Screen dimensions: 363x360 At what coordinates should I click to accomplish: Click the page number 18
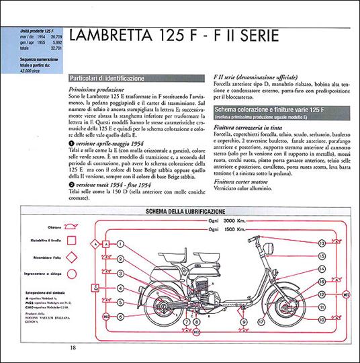click(x=72, y=347)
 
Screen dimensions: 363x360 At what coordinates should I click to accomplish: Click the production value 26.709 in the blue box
click(x=57, y=39)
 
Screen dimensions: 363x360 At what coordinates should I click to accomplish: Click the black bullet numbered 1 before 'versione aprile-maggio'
click(x=72, y=145)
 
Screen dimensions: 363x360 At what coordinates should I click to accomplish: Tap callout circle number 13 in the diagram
click(x=322, y=243)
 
